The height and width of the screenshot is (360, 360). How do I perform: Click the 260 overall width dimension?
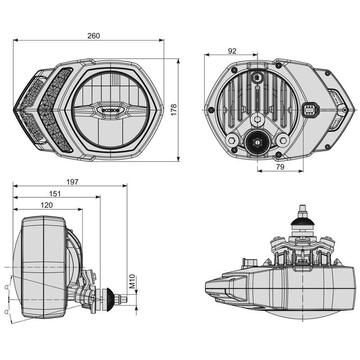tap(93, 36)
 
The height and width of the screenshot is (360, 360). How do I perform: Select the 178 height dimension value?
tap(174, 109)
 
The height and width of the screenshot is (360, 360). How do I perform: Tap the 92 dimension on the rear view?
tap(232, 51)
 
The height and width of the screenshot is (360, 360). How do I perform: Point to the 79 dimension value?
tap(279, 167)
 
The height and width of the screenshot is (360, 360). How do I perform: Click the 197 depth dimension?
tap(72, 182)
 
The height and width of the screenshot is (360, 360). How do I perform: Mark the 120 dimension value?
tap(46, 205)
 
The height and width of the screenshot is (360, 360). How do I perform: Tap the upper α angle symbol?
tap(6, 287)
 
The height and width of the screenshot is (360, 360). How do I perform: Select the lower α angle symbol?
tap(6, 311)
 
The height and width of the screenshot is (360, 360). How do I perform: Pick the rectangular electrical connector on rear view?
tap(310, 109)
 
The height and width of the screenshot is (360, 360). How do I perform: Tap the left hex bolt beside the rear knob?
tap(232, 140)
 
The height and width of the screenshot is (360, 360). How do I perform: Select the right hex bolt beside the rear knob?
tap(283, 140)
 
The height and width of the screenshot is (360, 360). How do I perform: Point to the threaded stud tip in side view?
tap(124, 297)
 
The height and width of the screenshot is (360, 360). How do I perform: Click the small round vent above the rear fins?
tap(257, 77)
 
